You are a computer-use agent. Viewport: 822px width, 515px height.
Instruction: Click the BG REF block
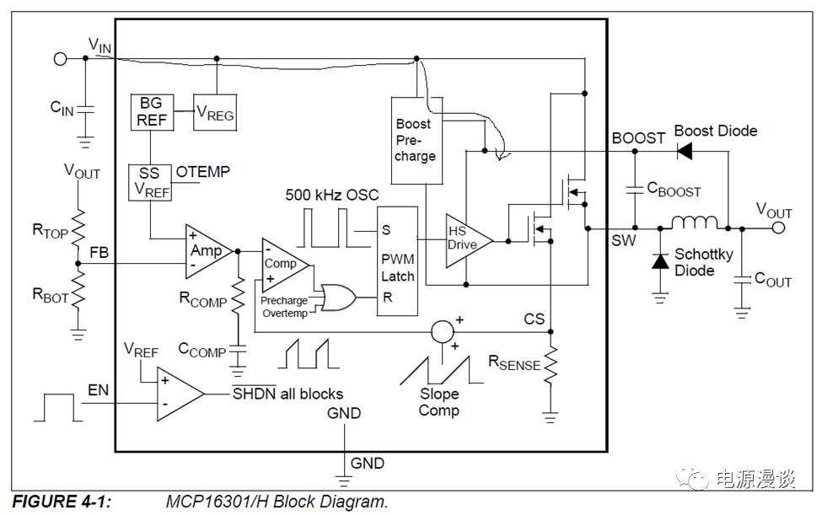[152, 111]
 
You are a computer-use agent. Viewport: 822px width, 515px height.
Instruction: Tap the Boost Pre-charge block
[416, 140]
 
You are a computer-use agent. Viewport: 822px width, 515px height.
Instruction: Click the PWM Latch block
[398, 260]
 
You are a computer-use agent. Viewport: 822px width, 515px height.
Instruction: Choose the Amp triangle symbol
[207, 249]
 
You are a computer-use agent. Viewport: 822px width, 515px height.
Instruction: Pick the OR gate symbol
[336, 298]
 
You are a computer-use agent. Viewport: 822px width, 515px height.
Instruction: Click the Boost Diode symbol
[685, 151]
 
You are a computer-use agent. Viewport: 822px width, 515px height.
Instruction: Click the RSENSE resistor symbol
[551, 366]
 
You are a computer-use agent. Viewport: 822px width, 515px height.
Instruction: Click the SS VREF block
[149, 182]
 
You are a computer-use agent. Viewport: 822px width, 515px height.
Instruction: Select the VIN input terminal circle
[60, 58]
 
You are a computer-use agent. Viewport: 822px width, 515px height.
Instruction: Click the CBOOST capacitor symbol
[635, 190]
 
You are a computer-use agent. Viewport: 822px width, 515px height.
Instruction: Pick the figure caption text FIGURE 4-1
[61, 502]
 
